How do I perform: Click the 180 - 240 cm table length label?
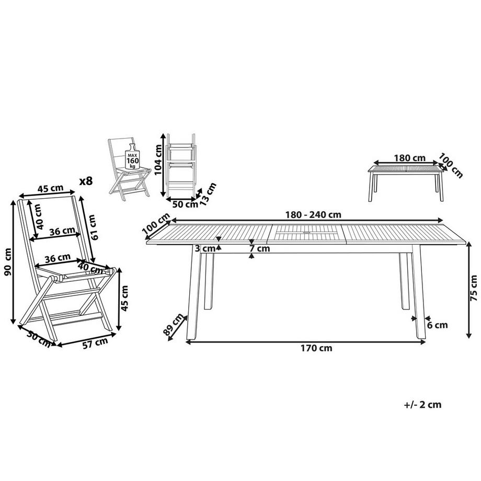coord(313,215)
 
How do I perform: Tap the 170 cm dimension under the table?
coord(317,348)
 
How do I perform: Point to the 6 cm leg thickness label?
coord(438,325)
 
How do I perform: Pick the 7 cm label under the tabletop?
coord(259,248)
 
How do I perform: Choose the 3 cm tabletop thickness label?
coord(205,248)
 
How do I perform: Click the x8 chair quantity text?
coord(86,181)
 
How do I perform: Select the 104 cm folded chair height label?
coord(158,159)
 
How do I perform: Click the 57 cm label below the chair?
coord(96,342)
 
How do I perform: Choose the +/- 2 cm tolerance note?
coord(423,405)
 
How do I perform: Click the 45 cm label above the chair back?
coord(50,188)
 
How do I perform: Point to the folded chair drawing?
coord(180,165)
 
